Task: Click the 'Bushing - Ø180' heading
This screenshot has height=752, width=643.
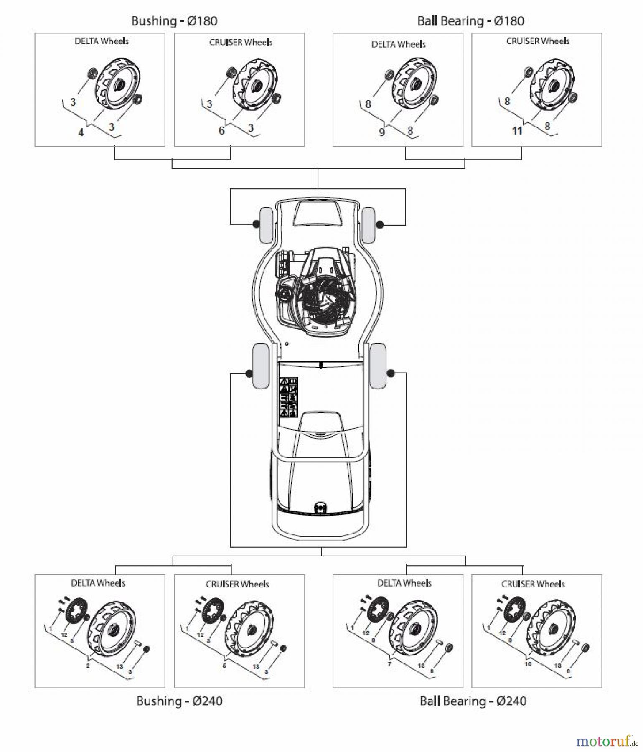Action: pos(174,21)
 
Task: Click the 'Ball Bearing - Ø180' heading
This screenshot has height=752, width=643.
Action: pos(470,21)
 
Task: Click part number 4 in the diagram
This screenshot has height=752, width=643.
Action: pos(81,132)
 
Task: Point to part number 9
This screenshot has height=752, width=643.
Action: pos(381,132)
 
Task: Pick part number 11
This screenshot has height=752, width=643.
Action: pos(517,131)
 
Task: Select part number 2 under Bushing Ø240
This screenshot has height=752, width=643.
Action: pos(88,666)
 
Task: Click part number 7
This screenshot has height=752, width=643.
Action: pos(389,664)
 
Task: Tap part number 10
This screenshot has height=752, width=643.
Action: pos(528,664)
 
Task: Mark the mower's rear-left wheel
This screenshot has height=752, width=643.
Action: pos(261,366)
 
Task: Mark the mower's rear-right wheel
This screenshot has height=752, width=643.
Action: pos(378,366)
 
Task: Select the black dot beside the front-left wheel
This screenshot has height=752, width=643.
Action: pos(255,225)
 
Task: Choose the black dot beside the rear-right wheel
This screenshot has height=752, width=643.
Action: pos(391,373)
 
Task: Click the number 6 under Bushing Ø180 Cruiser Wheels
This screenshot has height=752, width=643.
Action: pos(221,131)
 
